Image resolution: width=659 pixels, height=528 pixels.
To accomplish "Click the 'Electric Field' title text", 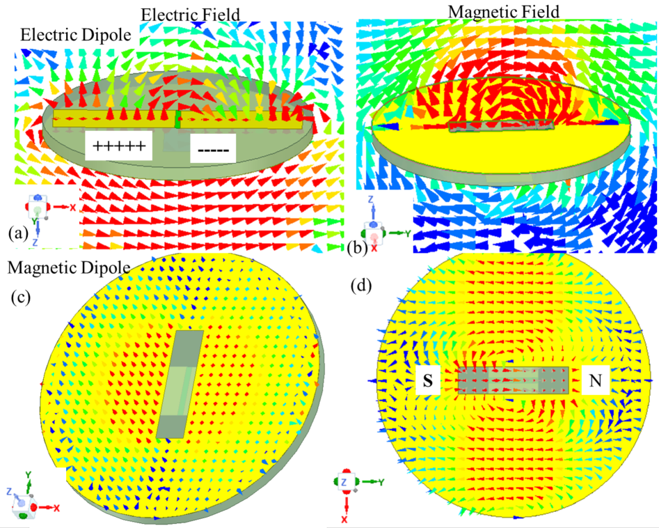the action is [191, 15].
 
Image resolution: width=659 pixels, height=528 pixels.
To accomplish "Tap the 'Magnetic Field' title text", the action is [504, 12].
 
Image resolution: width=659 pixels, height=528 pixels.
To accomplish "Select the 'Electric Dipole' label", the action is [76, 35].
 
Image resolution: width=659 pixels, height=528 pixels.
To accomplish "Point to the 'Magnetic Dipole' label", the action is [69, 267].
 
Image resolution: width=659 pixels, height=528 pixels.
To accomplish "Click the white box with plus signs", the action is [118, 146].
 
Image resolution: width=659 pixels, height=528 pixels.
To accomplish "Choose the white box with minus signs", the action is [213, 148].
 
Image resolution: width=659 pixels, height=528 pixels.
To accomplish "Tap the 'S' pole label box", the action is [428, 380].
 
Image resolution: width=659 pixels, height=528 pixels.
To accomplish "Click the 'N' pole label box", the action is [596, 380].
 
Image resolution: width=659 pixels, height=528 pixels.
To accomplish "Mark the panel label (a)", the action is [18, 233].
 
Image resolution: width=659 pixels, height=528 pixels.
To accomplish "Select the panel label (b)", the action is [358, 248].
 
